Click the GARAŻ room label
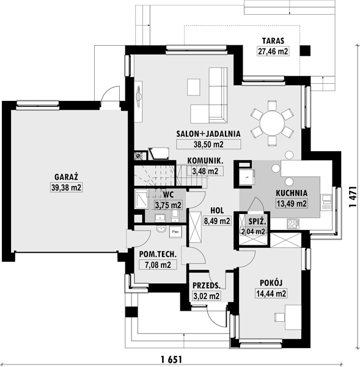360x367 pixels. (x=66, y=177)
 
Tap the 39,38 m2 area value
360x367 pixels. (x=66, y=188)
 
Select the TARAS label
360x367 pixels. (x=273, y=41)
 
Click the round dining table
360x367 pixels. (x=272, y=124)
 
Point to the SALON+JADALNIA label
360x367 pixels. (x=208, y=133)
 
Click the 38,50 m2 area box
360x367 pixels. (x=208, y=144)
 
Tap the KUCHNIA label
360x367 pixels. (x=292, y=193)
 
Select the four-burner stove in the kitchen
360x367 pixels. (x=293, y=223)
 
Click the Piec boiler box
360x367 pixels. (x=175, y=232)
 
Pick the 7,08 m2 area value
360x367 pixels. (x=158, y=265)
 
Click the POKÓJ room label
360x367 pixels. (x=271, y=283)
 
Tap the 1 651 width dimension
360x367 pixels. (x=171, y=359)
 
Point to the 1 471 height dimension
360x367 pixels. (x=353, y=196)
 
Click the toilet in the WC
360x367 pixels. (x=175, y=215)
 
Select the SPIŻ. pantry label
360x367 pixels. (x=257, y=221)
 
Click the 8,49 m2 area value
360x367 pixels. (x=217, y=221)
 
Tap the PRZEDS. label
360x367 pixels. (x=207, y=286)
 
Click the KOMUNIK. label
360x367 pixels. (x=205, y=161)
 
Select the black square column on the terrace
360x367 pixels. (x=305, y=51)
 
